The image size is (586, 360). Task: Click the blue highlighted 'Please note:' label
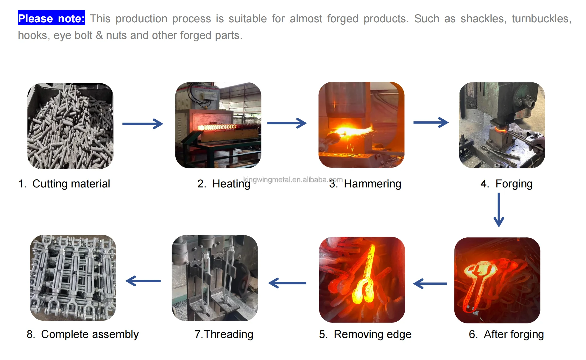[52, 18]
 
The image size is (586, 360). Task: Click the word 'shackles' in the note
[483, 19]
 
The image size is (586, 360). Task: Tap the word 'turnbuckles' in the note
[541, 19]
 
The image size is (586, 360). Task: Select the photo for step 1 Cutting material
[70, 126]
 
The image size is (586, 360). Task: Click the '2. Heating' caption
[224, 184]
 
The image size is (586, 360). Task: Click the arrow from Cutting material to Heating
[143, 124]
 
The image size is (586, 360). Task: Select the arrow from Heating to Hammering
[287, 123]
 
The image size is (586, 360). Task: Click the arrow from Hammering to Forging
[431, 122]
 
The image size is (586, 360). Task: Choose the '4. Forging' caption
[506, 184]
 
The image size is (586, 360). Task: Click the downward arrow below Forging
[499, 210]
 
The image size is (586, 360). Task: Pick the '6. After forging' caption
[506, 334]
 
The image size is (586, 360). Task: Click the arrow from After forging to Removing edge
[430, 284]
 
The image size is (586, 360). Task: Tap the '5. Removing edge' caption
[365, 334]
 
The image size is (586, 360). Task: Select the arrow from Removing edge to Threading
[287, 283]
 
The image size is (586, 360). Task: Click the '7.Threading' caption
[224, 334]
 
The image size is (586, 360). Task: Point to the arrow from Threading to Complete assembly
[143, 281]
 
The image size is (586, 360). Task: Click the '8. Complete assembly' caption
[82, 334]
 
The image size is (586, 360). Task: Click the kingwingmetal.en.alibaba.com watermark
[292, 179]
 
